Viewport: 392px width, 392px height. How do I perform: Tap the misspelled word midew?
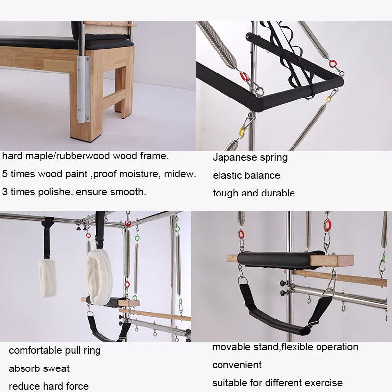coord(181,174)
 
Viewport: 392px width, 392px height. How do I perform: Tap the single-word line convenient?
coord(237,365)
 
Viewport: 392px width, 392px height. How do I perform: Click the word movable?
coord(229,347)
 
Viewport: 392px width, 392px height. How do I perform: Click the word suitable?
coord(230,382)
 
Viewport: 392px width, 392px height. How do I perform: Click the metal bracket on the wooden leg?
coord(83,89)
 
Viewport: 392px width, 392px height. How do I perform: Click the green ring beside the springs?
coord(177,228)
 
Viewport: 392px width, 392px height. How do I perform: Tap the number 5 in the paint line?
coord(5,174)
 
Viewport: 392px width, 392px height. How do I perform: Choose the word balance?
coord(264,175)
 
